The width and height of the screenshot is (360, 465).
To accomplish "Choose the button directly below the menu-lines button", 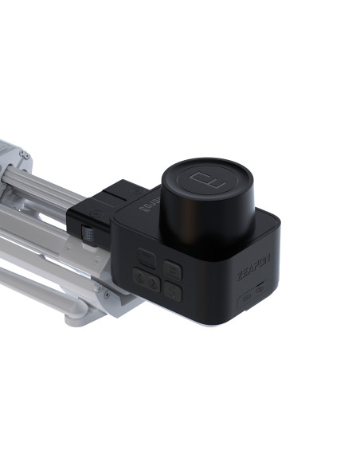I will [x=174, y=292].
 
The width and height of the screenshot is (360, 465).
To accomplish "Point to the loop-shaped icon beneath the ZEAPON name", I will [x=260, y=292].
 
